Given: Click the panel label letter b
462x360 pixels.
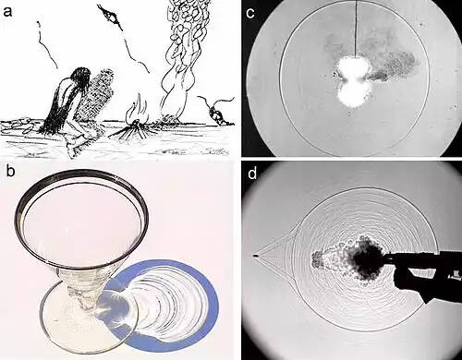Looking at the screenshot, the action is click(x=10, y=171).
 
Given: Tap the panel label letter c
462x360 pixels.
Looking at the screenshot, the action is click(x=250, y=13).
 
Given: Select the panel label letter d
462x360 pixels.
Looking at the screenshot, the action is click(x=252, y=174).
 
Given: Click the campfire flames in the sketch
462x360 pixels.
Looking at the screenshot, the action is click(x=137, y=112).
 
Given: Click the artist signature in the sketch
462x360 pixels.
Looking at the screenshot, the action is click(x=216, y=150).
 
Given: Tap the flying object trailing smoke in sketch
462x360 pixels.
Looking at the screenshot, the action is click(x=111, y=16).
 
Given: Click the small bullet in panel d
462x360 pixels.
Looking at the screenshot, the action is click(x=255, y=256).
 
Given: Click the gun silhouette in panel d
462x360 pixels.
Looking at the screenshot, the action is click(x=428, y=270).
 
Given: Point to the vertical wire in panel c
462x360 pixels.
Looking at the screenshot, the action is click(x=357, y=30).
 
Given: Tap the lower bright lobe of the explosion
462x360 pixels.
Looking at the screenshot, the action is click(x=354, y=94).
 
